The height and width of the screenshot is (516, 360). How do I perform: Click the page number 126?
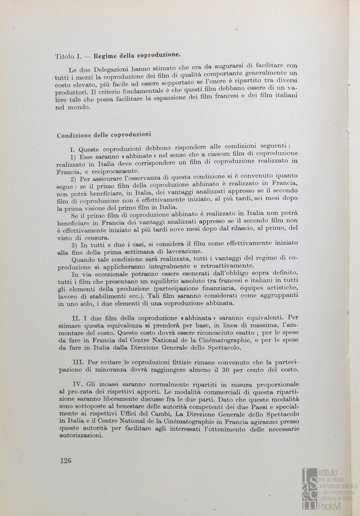click(66, 461)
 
